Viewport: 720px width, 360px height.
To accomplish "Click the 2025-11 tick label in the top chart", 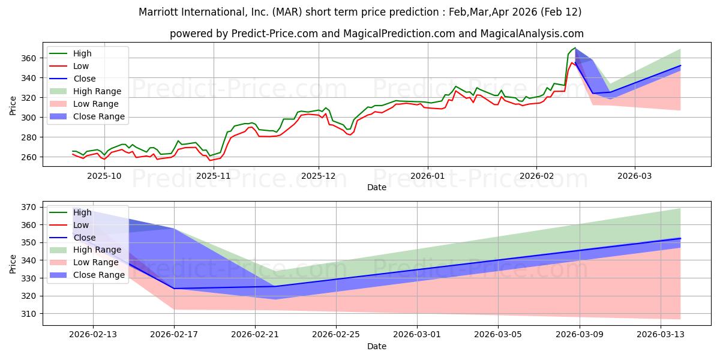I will pos(214,176).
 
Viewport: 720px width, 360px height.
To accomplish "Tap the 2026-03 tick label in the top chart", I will pos(634,176).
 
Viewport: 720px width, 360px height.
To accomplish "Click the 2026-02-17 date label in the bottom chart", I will pos(174,335).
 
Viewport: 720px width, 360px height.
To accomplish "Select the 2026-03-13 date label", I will pos(660,335).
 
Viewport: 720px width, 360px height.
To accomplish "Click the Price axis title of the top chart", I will pos(13,105).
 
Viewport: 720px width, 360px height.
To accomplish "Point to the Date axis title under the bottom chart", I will pos(377,346).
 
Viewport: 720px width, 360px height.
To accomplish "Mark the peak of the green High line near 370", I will pos(575,48).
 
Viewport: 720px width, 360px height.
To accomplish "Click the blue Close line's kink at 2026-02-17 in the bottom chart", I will pos(174,289).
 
